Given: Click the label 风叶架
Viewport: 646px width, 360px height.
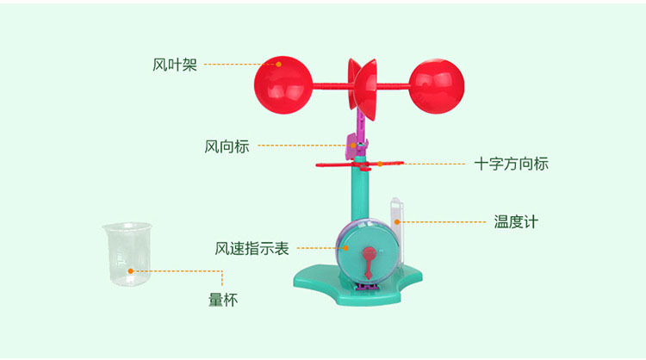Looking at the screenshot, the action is [175, 65].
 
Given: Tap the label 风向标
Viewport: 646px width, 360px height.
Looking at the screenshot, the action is [227, 146].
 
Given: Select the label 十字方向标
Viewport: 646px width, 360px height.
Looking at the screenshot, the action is [512, 164].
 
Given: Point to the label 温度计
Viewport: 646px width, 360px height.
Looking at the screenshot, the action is [516, 221].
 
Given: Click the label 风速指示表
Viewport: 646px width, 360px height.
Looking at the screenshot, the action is [252, 248].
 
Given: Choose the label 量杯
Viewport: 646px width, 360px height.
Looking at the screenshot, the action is [223, 300].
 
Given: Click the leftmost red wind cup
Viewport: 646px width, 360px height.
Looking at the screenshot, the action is [283, 85].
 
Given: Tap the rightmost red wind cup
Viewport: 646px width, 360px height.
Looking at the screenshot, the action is [437, 86].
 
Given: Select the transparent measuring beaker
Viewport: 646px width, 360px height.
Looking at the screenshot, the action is [127, 254].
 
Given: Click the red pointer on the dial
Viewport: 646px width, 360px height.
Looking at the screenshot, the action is [370, 261].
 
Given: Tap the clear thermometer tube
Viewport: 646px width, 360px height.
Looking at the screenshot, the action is [397, 231].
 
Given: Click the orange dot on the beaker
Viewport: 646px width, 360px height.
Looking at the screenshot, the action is [131, 271].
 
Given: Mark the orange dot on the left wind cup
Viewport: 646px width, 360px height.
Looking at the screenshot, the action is [279, 65].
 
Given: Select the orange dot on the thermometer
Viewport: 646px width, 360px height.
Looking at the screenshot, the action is [397, 222].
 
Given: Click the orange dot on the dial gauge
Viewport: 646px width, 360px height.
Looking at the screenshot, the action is [346, 248].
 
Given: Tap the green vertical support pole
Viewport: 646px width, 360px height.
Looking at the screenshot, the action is [361, 190].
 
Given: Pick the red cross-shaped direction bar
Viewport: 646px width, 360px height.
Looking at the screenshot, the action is [360, 164].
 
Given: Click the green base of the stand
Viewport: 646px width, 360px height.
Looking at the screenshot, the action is [357, 286].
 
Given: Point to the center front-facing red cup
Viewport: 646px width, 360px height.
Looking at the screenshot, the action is [365, 90].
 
